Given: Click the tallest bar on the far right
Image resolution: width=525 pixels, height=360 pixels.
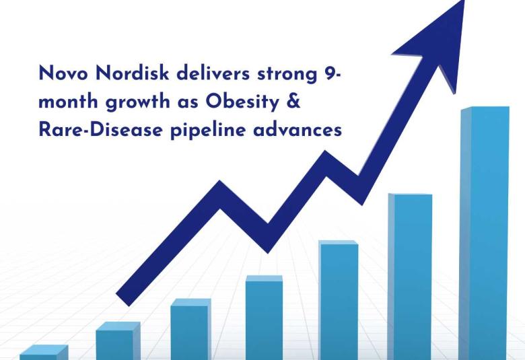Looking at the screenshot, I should pyautogui.click(x=484, y=236).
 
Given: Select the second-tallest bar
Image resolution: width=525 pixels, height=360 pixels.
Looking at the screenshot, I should pyautogui.click(x=409, y=276).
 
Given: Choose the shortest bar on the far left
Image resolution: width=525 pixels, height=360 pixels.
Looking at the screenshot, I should pyautogui.click(x=43, y=353).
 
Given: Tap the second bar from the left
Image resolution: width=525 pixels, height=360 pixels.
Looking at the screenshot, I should pyautogui.click(x=118, y=342).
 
